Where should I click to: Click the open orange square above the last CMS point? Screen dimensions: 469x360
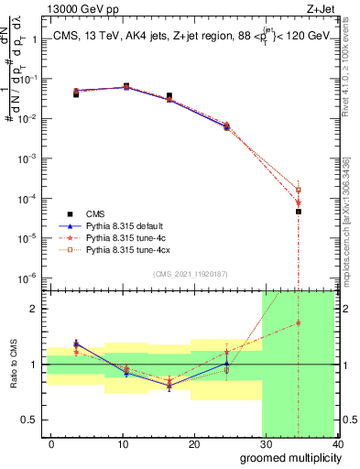[299, 190]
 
